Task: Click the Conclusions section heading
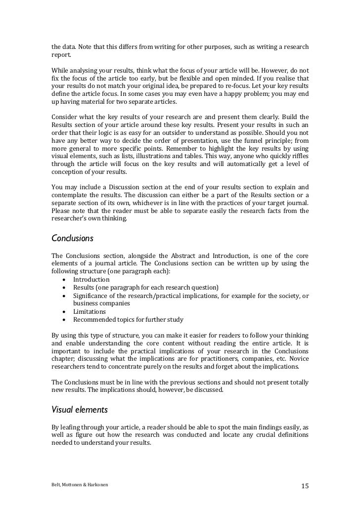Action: pos(73,238)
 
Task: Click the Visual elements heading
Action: pos(80,409)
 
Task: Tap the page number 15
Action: pos(305,486)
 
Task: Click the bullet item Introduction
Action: pos(91,280)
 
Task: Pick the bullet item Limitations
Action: pos(90,312)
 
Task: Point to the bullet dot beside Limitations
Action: pos(65,312)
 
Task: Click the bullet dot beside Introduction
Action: pos(65,280)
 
